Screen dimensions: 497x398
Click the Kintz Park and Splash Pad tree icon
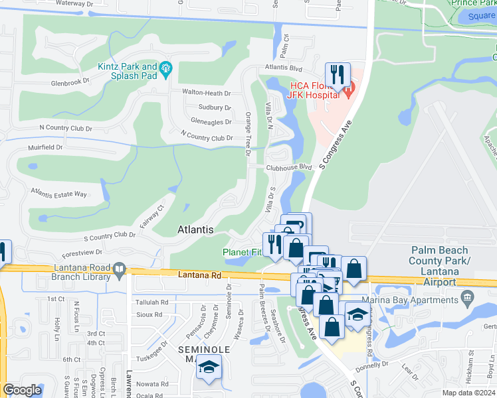[x=165, y=67]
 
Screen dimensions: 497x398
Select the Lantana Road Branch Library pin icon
[x=120, y=269]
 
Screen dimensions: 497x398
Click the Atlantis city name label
[x=195, y=230]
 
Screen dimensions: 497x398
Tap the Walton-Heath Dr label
[x=207, y=93]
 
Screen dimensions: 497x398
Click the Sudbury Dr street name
[x=215, y=107]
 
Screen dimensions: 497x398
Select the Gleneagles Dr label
[x=211, y=122]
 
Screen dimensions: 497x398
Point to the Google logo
[x=23, y=390]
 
